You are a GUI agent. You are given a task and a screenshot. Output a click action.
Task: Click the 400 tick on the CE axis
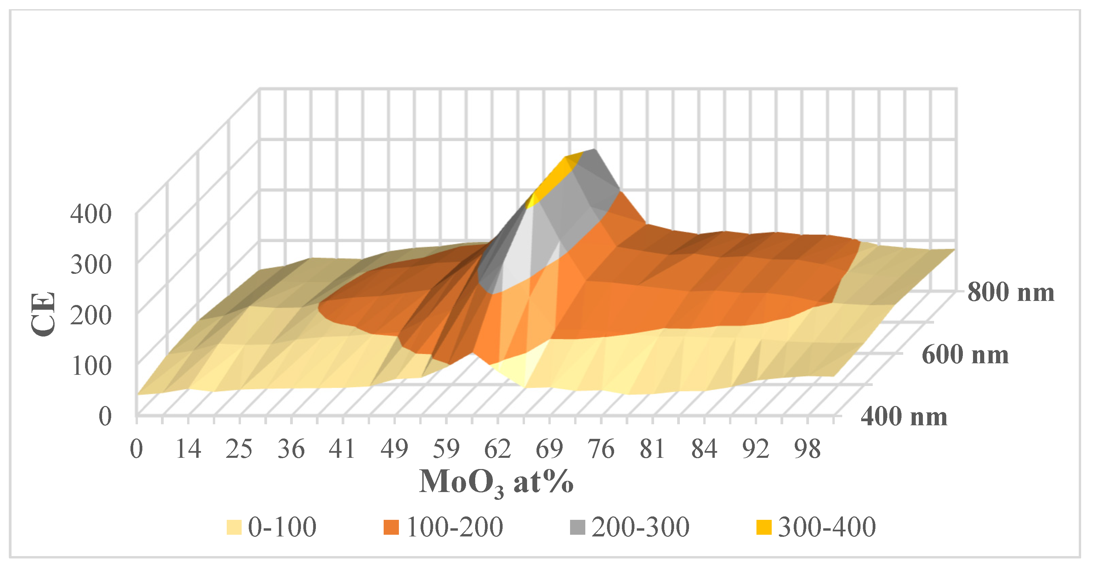[91, 213]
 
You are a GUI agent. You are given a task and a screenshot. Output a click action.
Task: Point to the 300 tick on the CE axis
[91, 264]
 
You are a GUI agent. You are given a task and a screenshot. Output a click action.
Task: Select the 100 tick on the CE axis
[91, 365]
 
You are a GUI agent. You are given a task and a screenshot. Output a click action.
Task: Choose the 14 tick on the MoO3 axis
[188, 449]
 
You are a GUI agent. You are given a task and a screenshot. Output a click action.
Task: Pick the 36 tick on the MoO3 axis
[291, 449]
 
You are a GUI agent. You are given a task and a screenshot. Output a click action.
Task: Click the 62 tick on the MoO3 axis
[498, 449]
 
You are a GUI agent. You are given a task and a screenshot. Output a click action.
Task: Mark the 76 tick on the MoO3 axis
[601, 449]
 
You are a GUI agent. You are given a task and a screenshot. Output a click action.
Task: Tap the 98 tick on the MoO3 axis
[807, 449]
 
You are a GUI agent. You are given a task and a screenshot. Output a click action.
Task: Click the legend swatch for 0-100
[234, 527]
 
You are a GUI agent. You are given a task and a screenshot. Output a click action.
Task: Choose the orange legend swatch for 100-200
[391, 527]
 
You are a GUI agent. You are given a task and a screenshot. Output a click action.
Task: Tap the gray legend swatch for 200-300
[577, 527]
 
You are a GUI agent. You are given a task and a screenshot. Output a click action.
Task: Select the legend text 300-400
[827, 527]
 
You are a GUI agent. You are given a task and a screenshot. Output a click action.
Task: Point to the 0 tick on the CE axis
[105, 416]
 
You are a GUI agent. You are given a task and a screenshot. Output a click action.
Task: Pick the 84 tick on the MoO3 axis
[704, 449]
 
